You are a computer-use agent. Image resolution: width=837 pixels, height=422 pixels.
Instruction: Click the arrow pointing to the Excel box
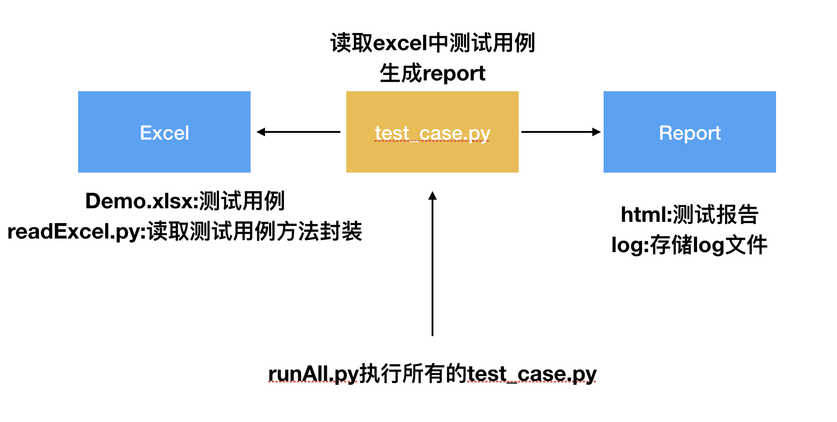coord(298,132)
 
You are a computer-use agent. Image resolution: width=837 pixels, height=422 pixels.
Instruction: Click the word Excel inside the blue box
coord(164,133)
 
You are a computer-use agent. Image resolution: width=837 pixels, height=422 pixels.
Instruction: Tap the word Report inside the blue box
coord(690,133)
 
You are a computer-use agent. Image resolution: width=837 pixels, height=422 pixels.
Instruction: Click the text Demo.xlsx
coord(139,201)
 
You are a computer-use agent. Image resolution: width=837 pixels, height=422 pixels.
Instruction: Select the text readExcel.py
coord(74,232)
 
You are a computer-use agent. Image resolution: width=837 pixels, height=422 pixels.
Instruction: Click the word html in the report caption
coord(643,215)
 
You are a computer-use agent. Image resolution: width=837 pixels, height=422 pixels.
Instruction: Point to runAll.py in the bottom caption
coord(313,374)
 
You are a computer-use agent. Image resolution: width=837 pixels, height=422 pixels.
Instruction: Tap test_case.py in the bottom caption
coord(532,374)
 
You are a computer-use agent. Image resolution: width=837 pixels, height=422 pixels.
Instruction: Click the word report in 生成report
coord(454,73)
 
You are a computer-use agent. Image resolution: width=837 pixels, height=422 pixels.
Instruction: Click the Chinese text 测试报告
coord(716,215)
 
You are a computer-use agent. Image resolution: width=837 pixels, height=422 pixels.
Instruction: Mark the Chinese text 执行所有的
coord(413,374)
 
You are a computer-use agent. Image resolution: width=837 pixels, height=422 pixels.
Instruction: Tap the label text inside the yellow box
coord(432,133)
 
